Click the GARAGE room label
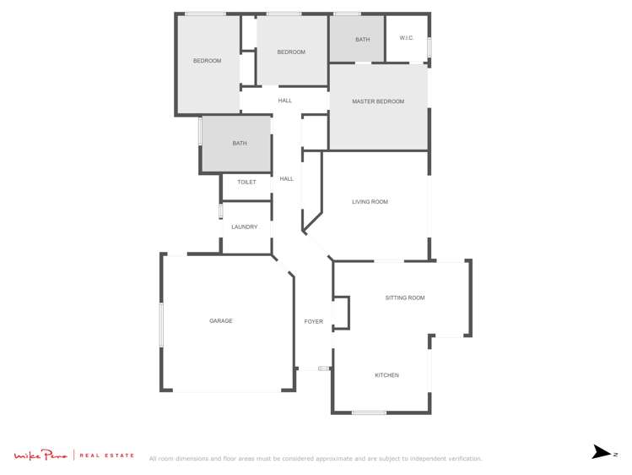pos(221,321)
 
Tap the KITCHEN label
pos(386,375)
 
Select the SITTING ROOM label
pos(404,298)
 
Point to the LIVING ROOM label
pos(370,202)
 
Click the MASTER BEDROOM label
pos(378,101)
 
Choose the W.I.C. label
pos(406,38)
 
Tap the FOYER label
pos(313,322)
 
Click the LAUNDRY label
pos(245,227)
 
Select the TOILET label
pos(246,183)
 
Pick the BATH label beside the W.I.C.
pos(362,40)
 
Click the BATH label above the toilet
pos(240,144)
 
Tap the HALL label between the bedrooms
pos(285,101)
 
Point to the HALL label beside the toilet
pos(287,178)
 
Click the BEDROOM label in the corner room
pos(207,61)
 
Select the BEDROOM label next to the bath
pos(291,52)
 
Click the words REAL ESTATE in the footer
pos(107,456)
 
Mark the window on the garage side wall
pos(161,325)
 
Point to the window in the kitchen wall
pos(369,412)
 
